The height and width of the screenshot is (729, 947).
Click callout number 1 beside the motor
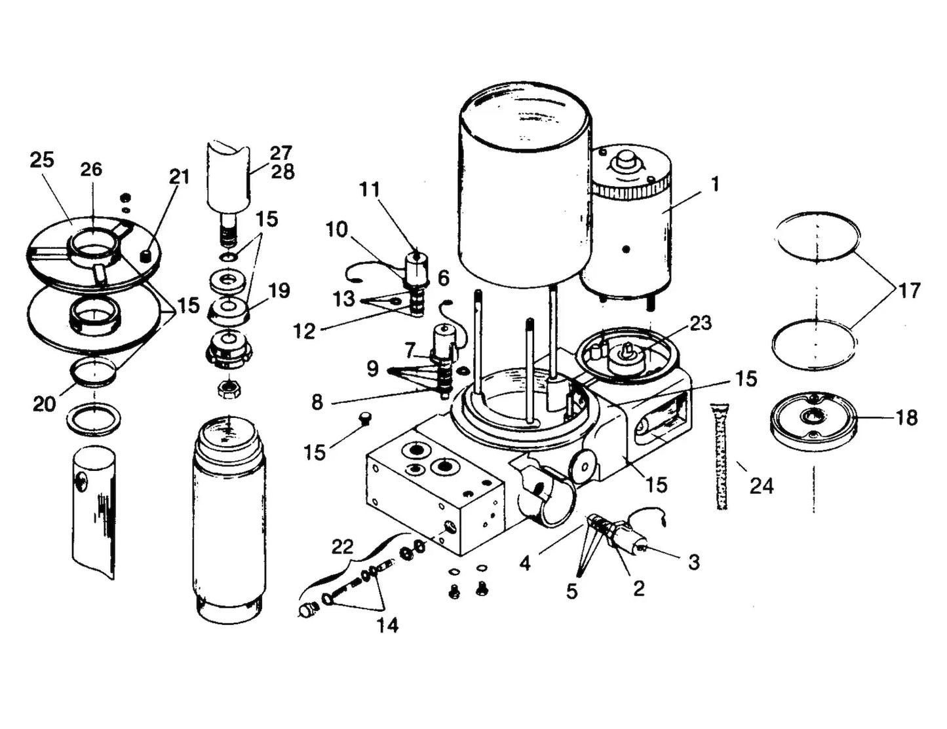pyautogui.click(x=715, y=184)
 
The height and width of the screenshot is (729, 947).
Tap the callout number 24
pyautogui.click(x=762, y=485)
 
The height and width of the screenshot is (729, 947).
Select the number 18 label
pyautogui.click(x=906, y=417)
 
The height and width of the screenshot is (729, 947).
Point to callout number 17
pyautogui.click(x=909, y=290)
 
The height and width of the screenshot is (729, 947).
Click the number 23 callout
pyautogui.click(x=700, y=323)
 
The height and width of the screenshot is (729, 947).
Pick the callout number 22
pyautogui.click(x=342, y=546)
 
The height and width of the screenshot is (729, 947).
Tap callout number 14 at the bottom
pyautogui.click(x=387, y=625)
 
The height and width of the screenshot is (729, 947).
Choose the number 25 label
pyautogui.click(x=42, y=160)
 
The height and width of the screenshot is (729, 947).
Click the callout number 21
pyautogui.click(x=179, y=177)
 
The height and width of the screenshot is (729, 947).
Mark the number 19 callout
pyautogui.click(x=279, y=290)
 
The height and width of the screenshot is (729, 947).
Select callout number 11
pyautogui.click(x=370, y=189)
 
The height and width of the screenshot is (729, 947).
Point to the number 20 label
pyautogui.click(x=45, y=404)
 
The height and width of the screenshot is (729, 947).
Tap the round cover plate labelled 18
pyautogui.click(x=813, y=421)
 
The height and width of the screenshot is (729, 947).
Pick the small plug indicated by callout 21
pyautogui.click(x=148, y=255)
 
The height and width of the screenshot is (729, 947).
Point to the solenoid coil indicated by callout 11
pyautogui.click(x=416, y=267)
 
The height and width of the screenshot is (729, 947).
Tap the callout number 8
pyautogui.click(x=317, y=402)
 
